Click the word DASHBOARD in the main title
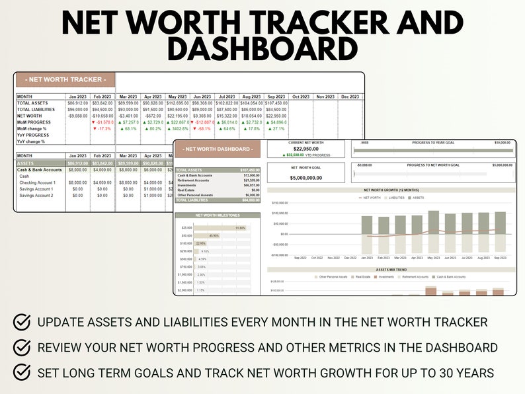(262, 49)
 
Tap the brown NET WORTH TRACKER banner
(65, 80)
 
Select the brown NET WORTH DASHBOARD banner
(218, 149)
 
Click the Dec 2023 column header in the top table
(350, 97)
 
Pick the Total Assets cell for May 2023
(178, 103)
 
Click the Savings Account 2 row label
(36, 196)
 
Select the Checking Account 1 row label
(38, 182)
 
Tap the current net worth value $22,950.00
(306, 149)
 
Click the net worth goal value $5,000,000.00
(306, 178)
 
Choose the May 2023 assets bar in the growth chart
(434, 223)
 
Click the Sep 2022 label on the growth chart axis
(300, 258)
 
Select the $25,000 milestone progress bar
(222, 228)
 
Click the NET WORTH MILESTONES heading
(218, 216)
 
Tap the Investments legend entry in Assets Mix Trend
(387, 277)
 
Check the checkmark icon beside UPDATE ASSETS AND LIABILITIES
(22, 322)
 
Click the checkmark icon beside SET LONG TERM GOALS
(22, 372)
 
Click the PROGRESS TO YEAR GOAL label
(433, 142)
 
